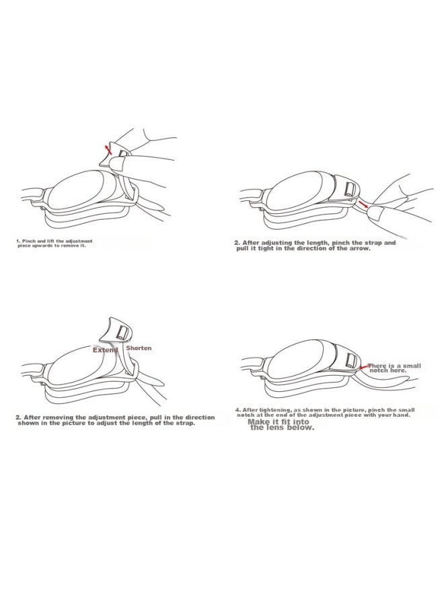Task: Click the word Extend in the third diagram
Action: (x=105, y=350)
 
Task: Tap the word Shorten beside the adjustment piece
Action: (x=139, y=348)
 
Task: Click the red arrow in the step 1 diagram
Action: (x=108, y=150)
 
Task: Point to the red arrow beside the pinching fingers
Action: (x=363, y=203)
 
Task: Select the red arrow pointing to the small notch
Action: (x=363, y=367)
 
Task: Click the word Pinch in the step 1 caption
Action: (x=29, y=241)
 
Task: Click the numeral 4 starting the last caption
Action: (x=237, y=410)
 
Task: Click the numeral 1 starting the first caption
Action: (x=17, y=241)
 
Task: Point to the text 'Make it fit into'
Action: (x=279, y=421)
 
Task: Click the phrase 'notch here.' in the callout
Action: (x=387, y=370)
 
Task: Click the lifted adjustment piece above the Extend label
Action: (x=116, y=329)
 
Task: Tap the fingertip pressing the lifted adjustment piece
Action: (x=116, y=165)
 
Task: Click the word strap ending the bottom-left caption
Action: (x=185, y=424)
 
